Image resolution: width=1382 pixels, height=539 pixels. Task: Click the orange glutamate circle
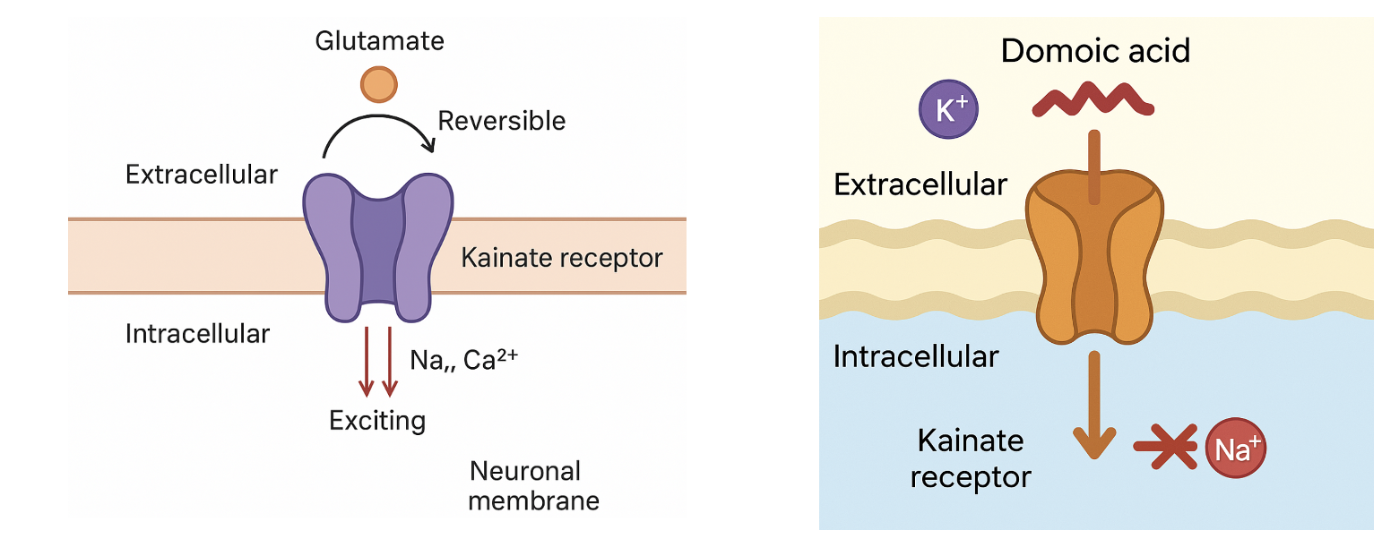379,83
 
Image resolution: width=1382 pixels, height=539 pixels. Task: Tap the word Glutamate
379,41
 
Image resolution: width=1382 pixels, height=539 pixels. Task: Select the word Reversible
501,121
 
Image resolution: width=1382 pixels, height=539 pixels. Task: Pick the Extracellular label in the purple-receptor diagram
202,175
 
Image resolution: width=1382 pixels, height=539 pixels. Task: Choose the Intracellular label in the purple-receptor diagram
197,334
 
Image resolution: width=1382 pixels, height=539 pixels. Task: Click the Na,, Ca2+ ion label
464,360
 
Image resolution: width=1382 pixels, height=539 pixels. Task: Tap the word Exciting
377,420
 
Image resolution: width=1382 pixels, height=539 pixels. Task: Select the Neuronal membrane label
533,485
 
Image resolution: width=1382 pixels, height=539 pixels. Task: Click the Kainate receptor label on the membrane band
561,259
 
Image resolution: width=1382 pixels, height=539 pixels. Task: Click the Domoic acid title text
1095,51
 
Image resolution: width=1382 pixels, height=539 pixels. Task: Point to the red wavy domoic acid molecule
1093,98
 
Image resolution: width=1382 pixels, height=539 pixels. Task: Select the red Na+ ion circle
1236,447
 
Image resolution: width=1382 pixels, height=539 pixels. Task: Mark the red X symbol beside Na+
1166,445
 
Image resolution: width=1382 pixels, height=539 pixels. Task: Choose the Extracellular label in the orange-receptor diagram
920,185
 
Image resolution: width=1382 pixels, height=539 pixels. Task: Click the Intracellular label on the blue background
915,356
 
